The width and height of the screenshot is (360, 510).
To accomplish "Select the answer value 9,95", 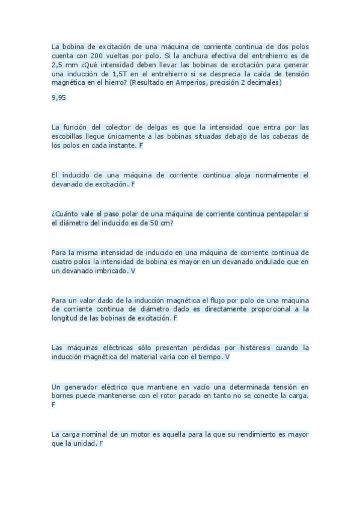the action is [58, 97].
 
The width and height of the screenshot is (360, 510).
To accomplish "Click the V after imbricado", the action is [133, 271].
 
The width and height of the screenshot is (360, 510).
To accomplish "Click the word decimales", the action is [263, 82].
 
